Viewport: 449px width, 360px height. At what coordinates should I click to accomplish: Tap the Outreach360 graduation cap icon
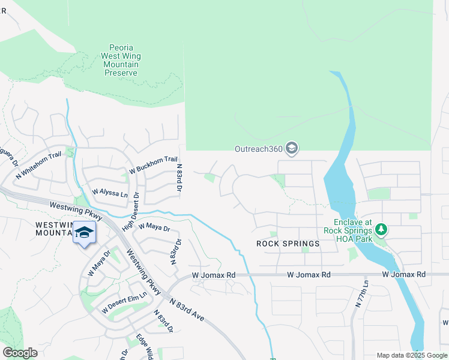pyautogui.click(x=292, y=148)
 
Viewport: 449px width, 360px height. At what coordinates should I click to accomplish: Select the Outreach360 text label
pyautogui.click(x=258, y=149)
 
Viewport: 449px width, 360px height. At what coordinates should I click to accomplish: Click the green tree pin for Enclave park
pyautogui.click(x=381, y=229)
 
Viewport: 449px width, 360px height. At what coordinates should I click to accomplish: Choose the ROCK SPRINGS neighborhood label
pyautogui.click(x=288, y=244)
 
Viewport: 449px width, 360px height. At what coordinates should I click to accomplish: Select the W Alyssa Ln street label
pyautogui.click(x=110, y=194)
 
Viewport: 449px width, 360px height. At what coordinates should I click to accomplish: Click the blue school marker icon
pyautogui.click(x=84, y=233)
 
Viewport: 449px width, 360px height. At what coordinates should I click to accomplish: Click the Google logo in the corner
pyautogui.click(x=20, y=353)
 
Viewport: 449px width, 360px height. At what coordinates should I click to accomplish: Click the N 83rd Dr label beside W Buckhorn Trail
pyautogui.click(x=178, y=178)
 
